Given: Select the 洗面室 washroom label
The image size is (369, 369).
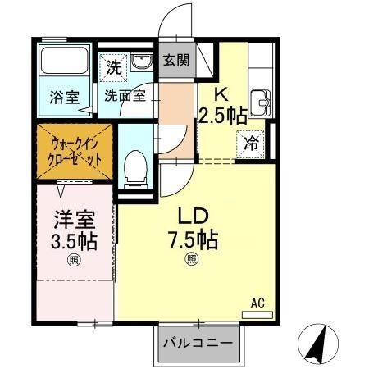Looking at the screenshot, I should point(125,95).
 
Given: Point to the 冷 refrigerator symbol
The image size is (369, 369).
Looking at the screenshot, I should point(252,140).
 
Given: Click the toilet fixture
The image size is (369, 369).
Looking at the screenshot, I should point(134,169).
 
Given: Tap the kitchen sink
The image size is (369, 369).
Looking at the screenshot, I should point(262,102).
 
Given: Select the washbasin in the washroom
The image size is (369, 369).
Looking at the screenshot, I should point(142,63).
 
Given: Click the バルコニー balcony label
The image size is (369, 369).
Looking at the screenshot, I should point(198,343).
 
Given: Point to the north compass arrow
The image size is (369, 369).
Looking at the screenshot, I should point(317,339).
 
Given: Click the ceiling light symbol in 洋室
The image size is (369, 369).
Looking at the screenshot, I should point(75,262).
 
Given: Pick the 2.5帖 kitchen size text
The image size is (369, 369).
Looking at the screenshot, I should point(222,115).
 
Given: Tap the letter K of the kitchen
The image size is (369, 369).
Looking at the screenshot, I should point(221,94).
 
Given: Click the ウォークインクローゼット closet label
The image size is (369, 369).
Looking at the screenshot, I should point(77,149).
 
